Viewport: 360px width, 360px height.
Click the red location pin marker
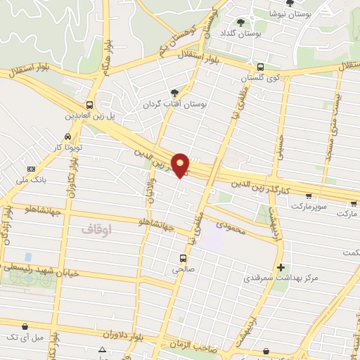181,165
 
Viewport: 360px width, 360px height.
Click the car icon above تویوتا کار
67,136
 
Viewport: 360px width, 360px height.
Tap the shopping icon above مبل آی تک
26,326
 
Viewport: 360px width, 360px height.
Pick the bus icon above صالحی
183,258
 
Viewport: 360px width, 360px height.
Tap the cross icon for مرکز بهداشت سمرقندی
281,267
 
